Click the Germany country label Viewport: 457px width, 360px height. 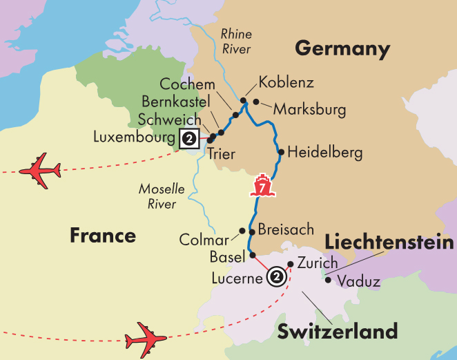tap(342, 49)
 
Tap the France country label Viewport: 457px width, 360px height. tap(103, 236)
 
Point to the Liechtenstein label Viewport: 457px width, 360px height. tap(389, 243)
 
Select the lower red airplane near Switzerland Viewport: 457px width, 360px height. tap(146, 339)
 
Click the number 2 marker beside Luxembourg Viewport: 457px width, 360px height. tap(189, 138)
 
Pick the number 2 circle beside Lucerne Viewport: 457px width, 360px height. tap(276, 277)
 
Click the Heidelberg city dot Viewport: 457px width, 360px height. tap(280, 152)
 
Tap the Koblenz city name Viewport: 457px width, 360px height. tap(286, 83)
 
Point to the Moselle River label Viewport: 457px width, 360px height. tap(157, 196)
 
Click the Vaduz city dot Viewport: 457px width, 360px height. tap(328, 280)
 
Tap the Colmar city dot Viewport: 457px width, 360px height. tap(242, 231)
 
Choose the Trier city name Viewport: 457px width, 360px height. tap(221, 154)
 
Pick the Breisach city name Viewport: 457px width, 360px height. tap(286, 229)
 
